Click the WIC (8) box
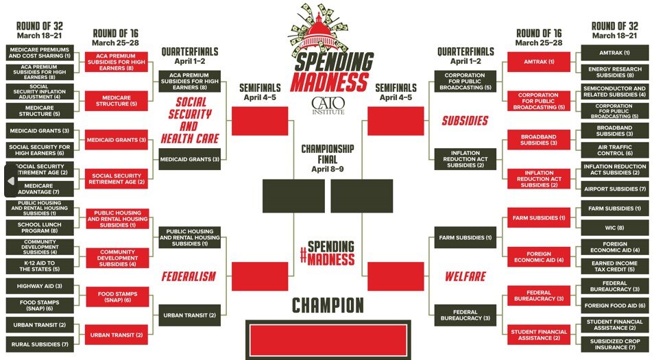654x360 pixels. [x=614, y=228]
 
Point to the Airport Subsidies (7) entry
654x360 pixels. [x=614, y=189]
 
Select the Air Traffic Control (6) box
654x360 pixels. [x=614, y=150]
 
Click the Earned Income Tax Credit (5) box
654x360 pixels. [x=614, y=266]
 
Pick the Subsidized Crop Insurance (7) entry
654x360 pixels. [x=614, y=344]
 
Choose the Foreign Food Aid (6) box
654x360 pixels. [x=614, y=305]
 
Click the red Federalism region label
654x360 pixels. [x=189, y=276]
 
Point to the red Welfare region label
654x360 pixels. [x=465, y=276]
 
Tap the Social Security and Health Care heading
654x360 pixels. [x=189, y=121]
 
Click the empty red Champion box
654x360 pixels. [x=328, y=339]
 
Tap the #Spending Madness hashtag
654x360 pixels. [x=327, y=253]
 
